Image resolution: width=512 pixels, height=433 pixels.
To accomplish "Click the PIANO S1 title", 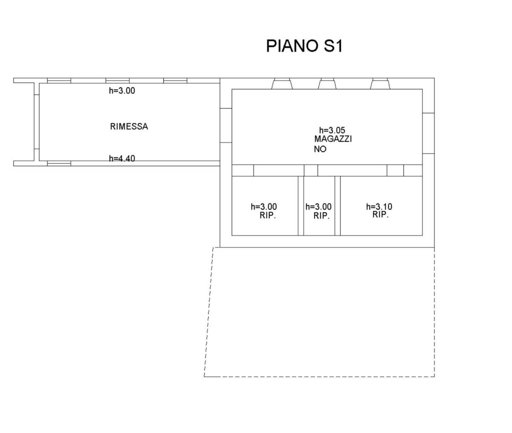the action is [304, 46].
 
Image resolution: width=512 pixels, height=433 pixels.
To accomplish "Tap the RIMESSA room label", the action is [129, 127].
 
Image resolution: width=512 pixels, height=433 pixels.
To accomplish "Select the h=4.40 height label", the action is [122, 158].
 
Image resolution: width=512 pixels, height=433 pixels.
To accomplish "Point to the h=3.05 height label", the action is [332, 130].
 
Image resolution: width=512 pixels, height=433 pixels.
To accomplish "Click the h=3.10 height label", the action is [379, 206].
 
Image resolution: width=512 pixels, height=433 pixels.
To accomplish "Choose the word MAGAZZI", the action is [333, 139].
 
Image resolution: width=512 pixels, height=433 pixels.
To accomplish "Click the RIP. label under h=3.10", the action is [380, 215].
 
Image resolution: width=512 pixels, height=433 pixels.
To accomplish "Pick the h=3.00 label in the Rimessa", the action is [122, 91].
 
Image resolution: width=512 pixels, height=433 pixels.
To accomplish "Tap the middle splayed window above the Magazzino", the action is [327, 84].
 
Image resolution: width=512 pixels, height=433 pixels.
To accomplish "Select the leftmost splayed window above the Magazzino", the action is [282, 84].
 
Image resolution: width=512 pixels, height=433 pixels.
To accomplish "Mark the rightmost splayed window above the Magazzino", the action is [380, 84].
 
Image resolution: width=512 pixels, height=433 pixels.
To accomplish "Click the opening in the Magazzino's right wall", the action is [429, 133].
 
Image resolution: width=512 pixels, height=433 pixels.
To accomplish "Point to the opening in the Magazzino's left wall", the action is [226, 125].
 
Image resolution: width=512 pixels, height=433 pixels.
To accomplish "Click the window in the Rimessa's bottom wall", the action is [59, 163].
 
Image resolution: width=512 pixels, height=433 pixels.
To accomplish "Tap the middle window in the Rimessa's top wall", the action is [118, 81].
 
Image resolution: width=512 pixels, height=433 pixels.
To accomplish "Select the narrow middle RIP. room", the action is [319, 206].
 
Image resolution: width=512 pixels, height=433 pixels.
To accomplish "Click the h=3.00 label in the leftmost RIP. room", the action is [264, 206].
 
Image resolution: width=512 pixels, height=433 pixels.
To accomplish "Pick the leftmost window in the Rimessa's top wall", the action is [59, 81].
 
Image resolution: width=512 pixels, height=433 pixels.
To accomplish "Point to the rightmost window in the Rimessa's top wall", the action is [175, 81].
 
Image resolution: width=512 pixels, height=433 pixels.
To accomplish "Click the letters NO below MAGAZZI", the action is [320, 149].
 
